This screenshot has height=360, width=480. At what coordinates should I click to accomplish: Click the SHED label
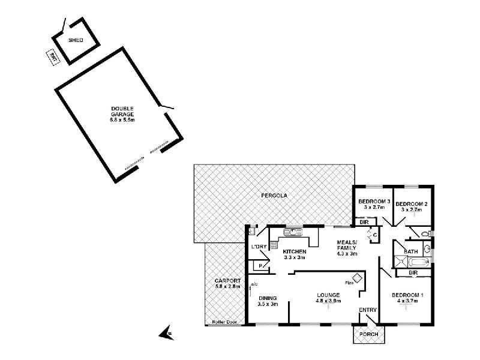pyautogui.click(x=75, y=40)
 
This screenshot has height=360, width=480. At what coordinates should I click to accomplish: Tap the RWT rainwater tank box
pyautogui.click(x=53, y=58)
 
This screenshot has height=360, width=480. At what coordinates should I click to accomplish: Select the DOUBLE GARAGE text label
pyautogui.click(x=122, y=112)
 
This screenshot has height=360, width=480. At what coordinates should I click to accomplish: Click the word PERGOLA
pyautogui.click(x=272, y=196)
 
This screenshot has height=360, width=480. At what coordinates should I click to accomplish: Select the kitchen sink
pyautogui.click(x=293, y=232)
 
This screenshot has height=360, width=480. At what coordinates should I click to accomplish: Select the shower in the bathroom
pyautogui.click(x=398, y=260)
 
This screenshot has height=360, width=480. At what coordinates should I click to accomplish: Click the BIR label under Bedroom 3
pyautogui.click(x=364, y=222)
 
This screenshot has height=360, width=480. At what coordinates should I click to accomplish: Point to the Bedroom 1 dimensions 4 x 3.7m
pyautogui.click(x=408, y=301)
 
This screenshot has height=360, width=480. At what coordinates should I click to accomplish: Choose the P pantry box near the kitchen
pyautogui.click(x=261, y=265)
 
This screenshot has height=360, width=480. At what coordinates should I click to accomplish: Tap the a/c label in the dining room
pyautogui.click(x=254, y=284)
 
